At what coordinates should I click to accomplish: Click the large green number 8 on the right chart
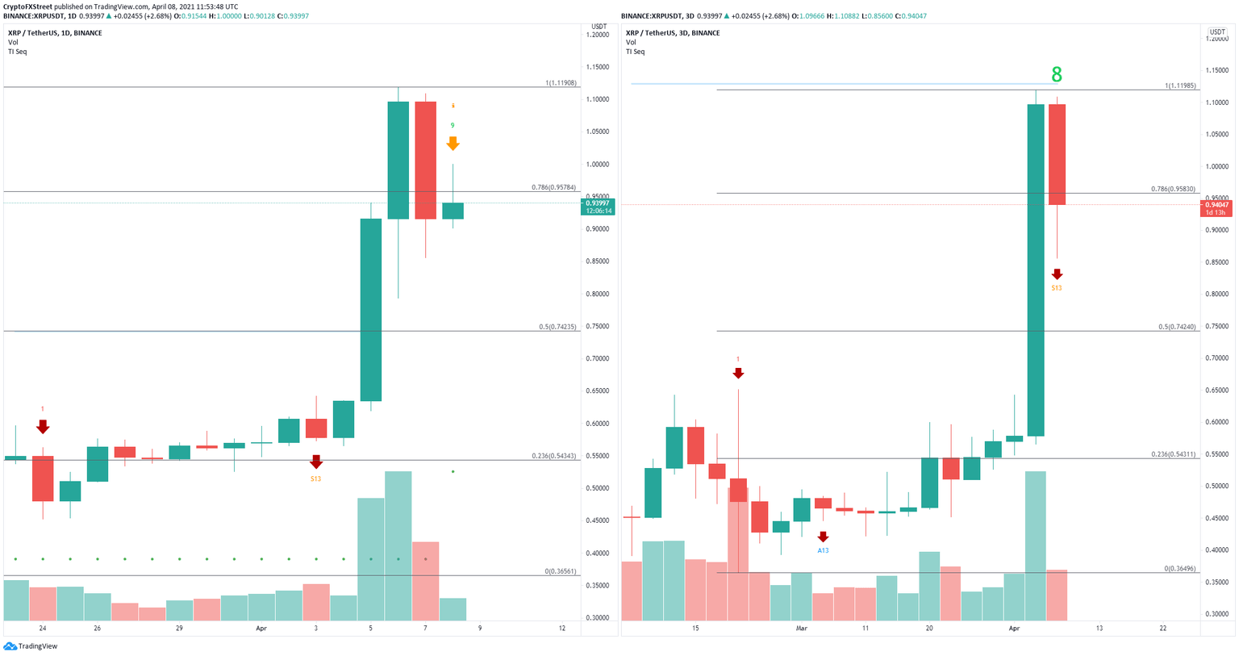[x=1056, y=75]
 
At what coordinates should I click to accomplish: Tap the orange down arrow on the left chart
[x=453, y=144]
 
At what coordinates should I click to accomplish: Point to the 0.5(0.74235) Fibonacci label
[x=558, y=327]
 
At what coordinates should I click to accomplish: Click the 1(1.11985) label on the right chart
[x=1180, y=86]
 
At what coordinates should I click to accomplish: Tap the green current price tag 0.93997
[x=598, y=203]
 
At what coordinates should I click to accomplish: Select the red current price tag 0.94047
[x=1216, y=205]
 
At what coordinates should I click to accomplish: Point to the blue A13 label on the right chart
[x=823, y=550]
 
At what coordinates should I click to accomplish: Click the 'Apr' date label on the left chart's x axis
[x=261, y=628]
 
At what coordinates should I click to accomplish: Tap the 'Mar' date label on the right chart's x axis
[x=801, y=628]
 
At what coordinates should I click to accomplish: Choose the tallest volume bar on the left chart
[x=398, y=545]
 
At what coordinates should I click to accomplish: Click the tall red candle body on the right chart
[x=1057, y=154]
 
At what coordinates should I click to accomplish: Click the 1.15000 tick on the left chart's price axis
[x=598, y=67]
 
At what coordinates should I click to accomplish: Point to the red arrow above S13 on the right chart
[x=1057, y=274]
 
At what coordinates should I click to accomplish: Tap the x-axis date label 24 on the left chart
[x=42, y=628]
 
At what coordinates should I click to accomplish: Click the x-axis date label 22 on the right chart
[x=1162, y=628]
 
